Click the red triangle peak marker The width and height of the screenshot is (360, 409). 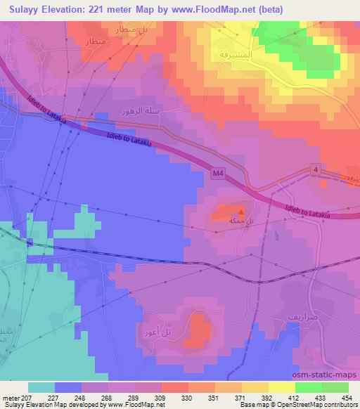241,209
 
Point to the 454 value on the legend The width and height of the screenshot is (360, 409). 347,398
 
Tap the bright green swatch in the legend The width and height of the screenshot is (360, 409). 308,387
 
